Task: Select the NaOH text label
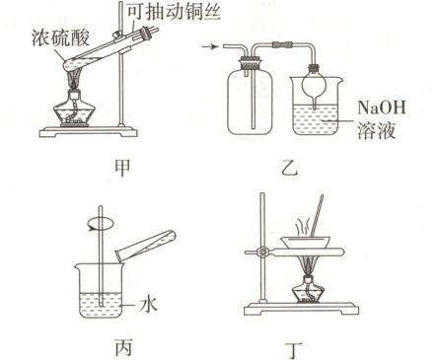[382, 107]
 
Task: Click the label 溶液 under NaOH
[376, 131]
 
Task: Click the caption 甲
[122, 168]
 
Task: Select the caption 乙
[289, 168]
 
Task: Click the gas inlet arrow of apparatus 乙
[210, 47]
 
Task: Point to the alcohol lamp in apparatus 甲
[74, 108]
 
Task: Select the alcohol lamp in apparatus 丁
[308, 290]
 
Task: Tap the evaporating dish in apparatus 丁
[305, 242]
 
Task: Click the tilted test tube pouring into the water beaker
[146, 246]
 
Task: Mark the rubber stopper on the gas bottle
[251, 62]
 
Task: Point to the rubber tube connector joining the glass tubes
[282, 44]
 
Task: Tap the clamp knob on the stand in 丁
[263, 252]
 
